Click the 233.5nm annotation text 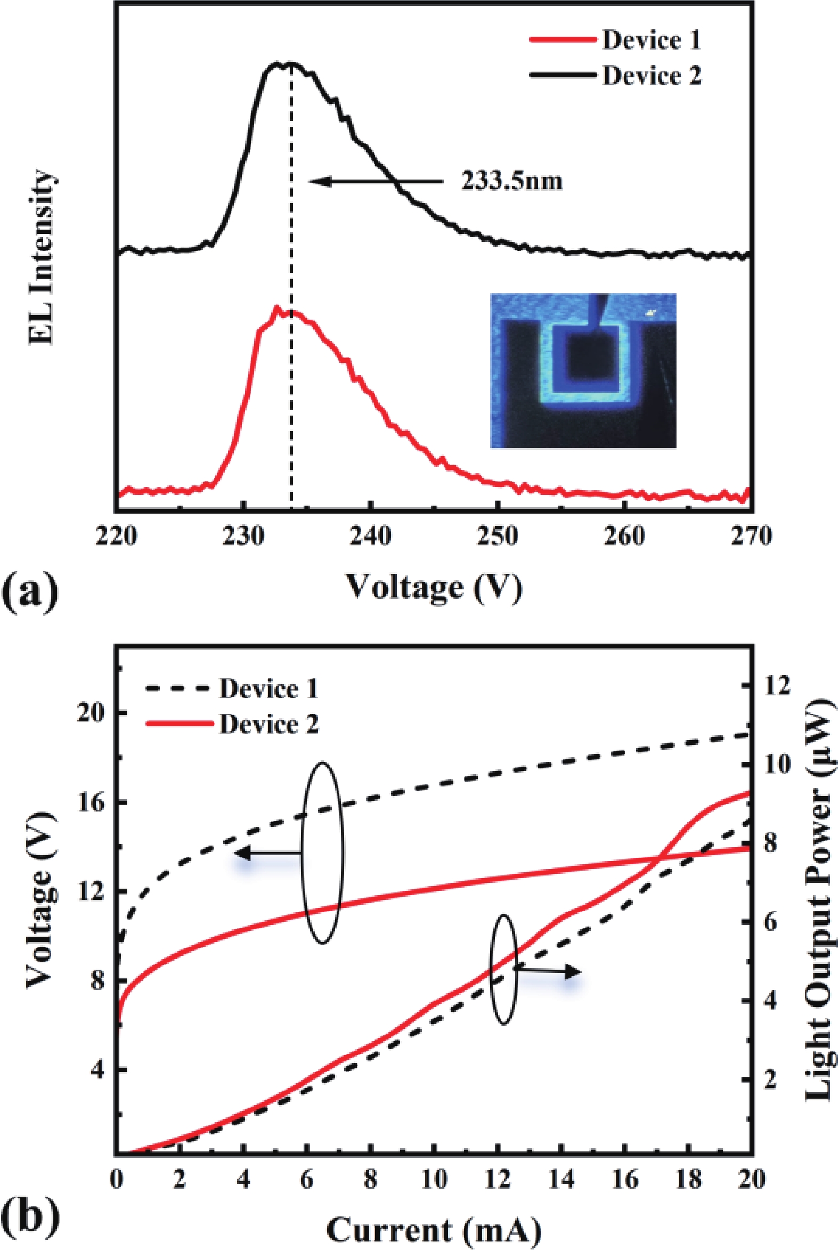[x=512, y=182]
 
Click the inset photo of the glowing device [x=583, y=370]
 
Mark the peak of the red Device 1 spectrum [x=276, y=308]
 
